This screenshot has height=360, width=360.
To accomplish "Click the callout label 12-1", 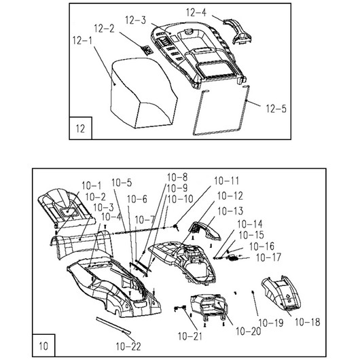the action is pyautogui.click(x=82, y=41).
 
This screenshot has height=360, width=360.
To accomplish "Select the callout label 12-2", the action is pyautogui.click(x=104, y=29).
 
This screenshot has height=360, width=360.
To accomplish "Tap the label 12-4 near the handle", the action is pyautogui.click(x=196, y=12).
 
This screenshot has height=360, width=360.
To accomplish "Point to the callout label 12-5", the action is pyautogui.click(x=276, y=109).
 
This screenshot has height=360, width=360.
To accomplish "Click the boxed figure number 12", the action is pyautogui.click(x=80, y=129).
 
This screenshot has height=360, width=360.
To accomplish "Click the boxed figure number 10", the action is pyautogui.click(x=43, y=346).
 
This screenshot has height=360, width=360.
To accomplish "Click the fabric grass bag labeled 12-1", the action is pyautogui.click(x=143, y=93).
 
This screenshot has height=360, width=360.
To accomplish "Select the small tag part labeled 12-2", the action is pyautogui.click(x=147, y=50).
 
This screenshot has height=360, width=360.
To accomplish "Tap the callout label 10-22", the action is pyautogui.click(x=128, y=346).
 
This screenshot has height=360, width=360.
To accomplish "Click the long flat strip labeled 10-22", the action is pyautogui.click(x=113, y=325).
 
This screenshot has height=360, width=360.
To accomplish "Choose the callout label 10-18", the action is pyautogui.click(x=308, y=323).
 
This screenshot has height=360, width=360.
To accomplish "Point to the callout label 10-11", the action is pyautogui.click(x=227, y=181).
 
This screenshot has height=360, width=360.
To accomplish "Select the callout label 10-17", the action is pyautogui.click(x=268, y=257).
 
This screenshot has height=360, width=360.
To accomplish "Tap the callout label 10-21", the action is pyautogui.click(x=190, y=337).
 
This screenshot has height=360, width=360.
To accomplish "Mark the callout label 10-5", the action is pyautogui.click(x=122, y=183).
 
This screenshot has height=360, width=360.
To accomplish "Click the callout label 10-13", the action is pyautogui.click(x=230, y=211).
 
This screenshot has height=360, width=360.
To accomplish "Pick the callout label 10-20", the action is pyautogui.click(x=249, y=331).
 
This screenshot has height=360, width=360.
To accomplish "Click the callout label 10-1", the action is pyautogui.click(x=92, y=185).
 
